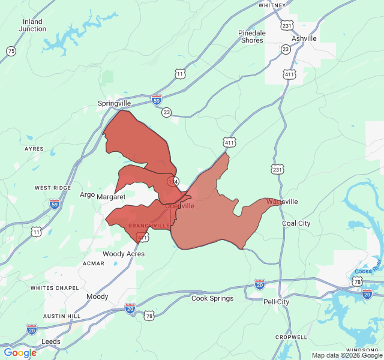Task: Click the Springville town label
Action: click(114, 103)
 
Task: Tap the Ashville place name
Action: click(304, 38)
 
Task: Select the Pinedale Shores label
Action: click(252, 37)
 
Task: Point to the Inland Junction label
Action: click(32, 25)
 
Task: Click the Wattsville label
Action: click(282, 202)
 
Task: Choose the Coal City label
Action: click(296, 223)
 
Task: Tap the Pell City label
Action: click(276, 302)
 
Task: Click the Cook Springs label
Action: click(212, 298)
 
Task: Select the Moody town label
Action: click(97, 296)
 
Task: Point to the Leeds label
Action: click(50, 341)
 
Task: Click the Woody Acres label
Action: click(123, 254)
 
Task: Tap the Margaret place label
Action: click(111, 197)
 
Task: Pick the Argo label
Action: click(88, 194)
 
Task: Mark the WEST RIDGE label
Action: click(53, 188)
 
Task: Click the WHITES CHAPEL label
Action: click(55, 288)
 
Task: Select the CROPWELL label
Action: click(291, 337)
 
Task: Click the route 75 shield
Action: click(11, 52)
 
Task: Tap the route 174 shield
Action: click(173, 181)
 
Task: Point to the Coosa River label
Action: click(368, 264)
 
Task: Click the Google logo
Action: click(20, 353)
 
